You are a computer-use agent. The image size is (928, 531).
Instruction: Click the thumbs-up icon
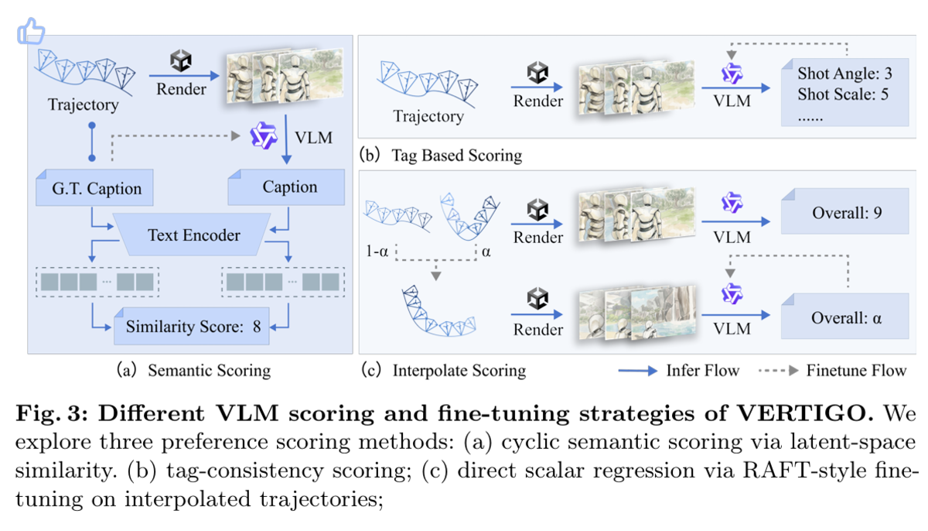(31, 31)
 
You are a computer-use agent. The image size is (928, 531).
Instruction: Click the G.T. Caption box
(95, 188)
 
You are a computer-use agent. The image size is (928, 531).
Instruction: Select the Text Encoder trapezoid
(194, 235)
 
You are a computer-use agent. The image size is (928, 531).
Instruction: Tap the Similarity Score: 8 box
(192, 326)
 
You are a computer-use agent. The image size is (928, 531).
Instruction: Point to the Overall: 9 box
(845, 211)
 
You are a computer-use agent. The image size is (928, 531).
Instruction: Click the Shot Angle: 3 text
(844, 74)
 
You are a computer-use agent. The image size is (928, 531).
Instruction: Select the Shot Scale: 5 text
(843, 94)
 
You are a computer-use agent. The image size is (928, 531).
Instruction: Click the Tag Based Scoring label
(457, 156)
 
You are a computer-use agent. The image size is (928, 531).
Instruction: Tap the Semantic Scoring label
(210, 370)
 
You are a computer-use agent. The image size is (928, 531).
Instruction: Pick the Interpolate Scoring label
(459, 370)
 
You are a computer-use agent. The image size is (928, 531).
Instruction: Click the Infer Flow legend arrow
(637, 371)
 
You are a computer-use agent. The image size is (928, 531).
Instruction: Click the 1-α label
(377, 252)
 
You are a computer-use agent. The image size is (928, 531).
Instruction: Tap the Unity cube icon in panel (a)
(181, 60)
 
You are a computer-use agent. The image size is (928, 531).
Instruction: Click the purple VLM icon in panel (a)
(264, 135)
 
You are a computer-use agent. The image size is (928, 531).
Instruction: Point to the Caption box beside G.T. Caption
(286, 187)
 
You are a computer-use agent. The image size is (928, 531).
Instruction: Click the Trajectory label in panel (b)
(428, 116)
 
